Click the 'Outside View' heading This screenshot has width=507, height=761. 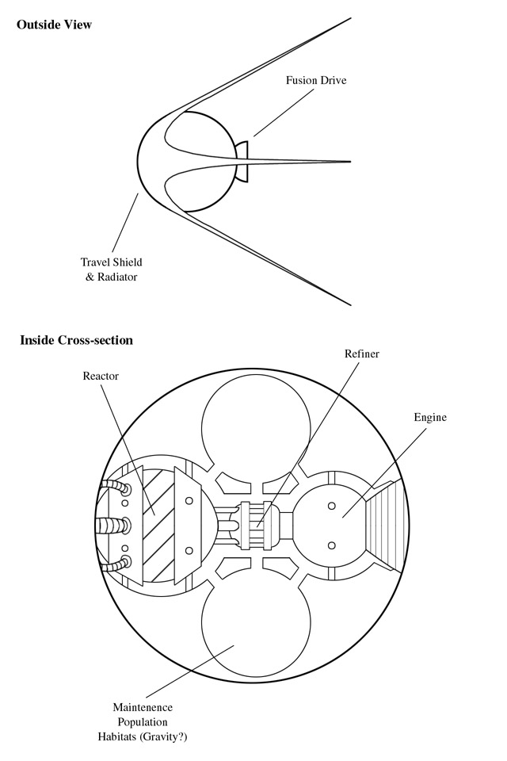[54, 25]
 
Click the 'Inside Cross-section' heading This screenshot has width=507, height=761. [76, 340]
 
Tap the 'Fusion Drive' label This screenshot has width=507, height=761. [316, 81]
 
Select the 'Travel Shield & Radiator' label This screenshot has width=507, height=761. [112, 270]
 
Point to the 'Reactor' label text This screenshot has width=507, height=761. [101, 376]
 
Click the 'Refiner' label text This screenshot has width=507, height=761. [362, 354]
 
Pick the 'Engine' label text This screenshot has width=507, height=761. [430, 418]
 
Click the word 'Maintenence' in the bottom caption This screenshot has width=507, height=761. [143, 707]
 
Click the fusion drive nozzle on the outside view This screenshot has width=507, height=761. [242, 162]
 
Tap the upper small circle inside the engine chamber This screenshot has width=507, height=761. [332, 506]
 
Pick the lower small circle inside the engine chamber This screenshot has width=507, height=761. [332, 545]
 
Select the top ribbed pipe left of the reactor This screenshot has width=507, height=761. [116, 488]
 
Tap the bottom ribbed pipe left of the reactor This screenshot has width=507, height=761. [116, 564]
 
